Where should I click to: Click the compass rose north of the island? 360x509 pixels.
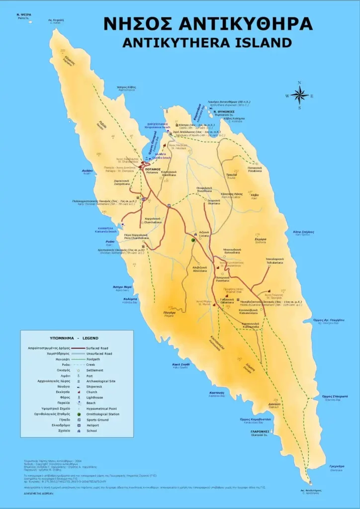tap(299, 95)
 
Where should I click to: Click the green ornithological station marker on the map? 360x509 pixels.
tap(193, 240)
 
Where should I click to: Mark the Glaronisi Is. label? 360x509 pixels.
tap(260, 432)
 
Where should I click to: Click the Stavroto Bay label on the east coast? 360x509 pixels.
tap(334, 397)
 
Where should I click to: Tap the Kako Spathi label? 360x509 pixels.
tap(180, 365)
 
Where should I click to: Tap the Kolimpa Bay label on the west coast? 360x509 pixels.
tap(130, 300)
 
